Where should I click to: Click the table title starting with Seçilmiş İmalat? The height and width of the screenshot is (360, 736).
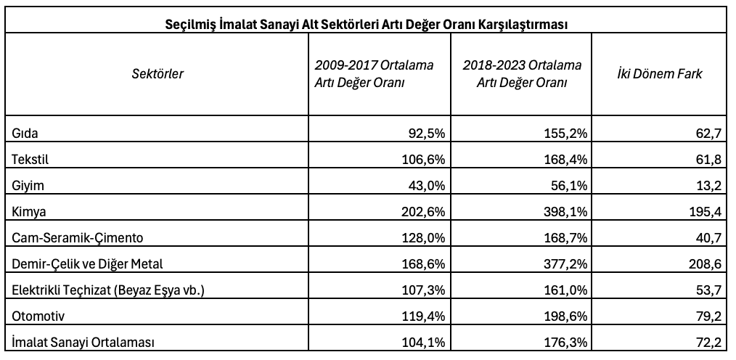[x=366, y=25]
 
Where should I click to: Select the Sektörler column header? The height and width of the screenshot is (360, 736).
[x=158, y=74]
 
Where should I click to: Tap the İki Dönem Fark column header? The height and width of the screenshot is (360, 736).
[x=660, y=74]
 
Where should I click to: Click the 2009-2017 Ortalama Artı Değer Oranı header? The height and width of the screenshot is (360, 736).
[x=374, y=74]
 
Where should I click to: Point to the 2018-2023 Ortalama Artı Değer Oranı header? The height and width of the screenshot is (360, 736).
[x=521, y=74]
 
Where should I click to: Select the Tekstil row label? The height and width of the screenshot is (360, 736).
[x=30, y=160]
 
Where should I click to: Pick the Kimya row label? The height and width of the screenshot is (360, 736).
[x=29, y=212]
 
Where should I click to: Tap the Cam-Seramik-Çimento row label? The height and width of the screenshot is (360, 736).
[x=78, y=238]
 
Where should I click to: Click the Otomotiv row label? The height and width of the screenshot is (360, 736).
[x=38, y=316]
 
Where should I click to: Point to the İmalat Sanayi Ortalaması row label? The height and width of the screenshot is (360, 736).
[x=83, y=343]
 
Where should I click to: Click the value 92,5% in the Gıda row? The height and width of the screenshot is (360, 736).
[x=426, y=134]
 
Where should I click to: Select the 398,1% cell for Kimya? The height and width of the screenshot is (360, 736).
[x=565, y=212]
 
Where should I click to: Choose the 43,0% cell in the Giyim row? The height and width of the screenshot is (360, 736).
[x=426, y=186]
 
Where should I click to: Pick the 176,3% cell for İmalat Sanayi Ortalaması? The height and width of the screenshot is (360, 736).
[x=565, y=343]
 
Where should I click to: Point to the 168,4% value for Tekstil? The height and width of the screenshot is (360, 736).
[x=565, y=160]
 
